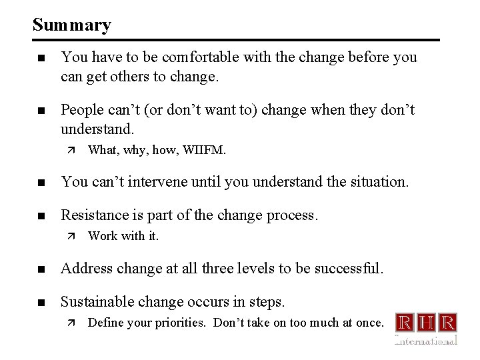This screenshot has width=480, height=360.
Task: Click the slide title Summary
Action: (71, 25)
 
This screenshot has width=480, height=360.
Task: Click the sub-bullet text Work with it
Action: (123, 236)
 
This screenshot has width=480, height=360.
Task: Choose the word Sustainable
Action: (97, 302)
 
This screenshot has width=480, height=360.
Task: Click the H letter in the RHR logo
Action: (427, 323)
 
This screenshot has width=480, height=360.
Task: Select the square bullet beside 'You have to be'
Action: (41, 58)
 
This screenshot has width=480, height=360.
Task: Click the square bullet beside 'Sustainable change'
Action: (41, 303)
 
